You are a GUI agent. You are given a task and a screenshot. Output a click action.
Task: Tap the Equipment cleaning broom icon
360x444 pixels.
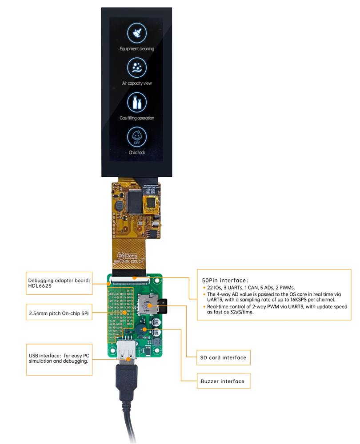(136, 32)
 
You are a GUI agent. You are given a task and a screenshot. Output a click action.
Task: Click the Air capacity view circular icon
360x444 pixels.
(136, 67)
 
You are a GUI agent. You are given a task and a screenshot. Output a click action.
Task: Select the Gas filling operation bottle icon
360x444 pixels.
(136, 102)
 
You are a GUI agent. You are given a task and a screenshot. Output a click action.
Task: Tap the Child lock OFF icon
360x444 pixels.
(136, 137)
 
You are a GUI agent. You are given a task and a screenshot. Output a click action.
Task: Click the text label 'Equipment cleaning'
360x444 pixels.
(136, 49)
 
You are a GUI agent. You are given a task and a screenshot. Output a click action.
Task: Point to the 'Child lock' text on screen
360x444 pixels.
(136, 153)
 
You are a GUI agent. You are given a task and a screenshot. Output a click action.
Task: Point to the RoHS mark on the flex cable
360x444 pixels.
(130, 256)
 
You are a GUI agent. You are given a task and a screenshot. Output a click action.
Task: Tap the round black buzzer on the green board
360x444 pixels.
(142, 330)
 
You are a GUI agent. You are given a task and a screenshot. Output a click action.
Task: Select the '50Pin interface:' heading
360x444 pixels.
(224, 280)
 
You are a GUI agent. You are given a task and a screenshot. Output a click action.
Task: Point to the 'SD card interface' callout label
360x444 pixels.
(223, 357)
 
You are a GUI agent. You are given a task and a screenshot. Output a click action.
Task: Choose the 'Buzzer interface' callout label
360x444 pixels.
(222, 381)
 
